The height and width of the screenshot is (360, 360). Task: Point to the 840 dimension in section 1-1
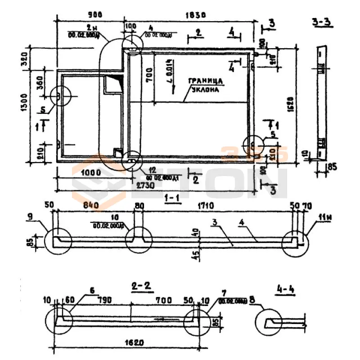pyautogui.click(x=90, y=206)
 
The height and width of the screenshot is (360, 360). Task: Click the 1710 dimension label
pyautogui.click(x=215, y=206)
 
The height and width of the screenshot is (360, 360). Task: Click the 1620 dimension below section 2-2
pyautogui.click(x=134, y=342)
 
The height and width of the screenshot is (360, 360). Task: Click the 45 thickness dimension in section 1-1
pyautogui.click(x=194, y=255)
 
